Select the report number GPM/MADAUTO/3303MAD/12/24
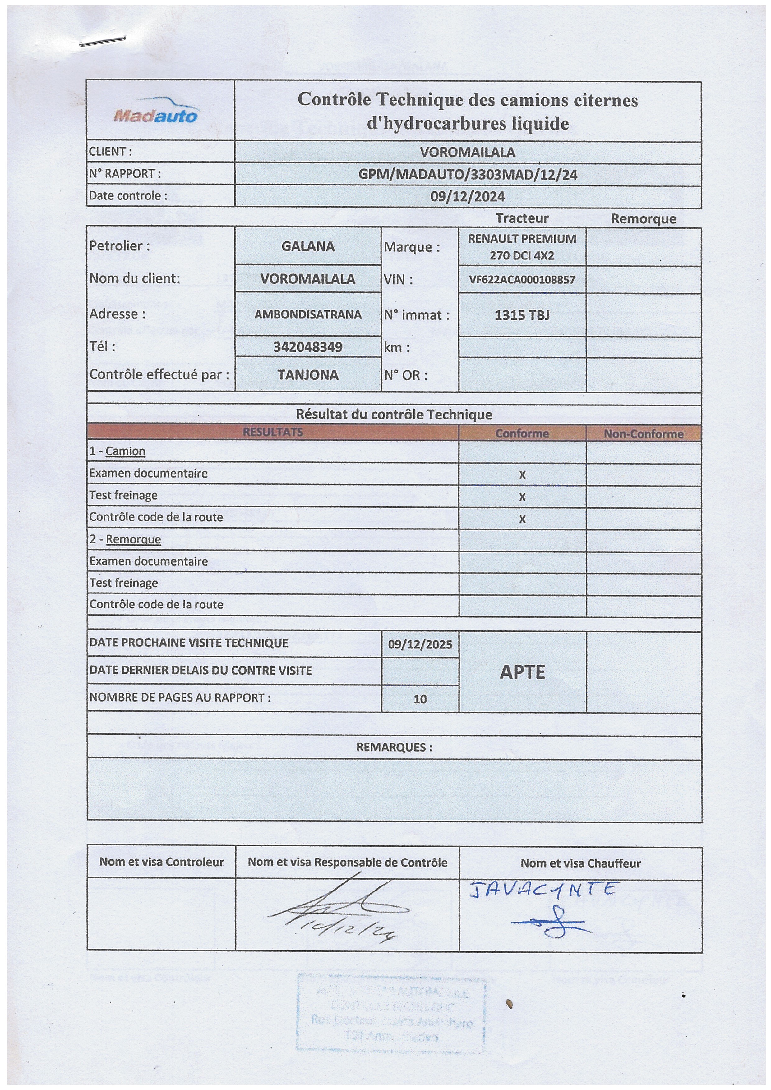coord(468,175)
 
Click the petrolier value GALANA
coord(308,246)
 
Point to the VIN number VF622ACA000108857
coord(522,280)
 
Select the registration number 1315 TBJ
coord(522,315)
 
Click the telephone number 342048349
coord(308,347)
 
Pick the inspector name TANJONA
coord(308,375)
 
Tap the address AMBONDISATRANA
coord(308,314)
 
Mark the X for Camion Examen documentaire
coord(522,475)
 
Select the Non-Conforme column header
coord(643,434)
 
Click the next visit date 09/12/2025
coord(420,644)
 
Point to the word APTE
coord(522,672)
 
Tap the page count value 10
coord(420,699)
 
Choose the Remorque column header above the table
coord(643,219)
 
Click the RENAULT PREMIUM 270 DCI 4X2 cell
coord(522,247)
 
